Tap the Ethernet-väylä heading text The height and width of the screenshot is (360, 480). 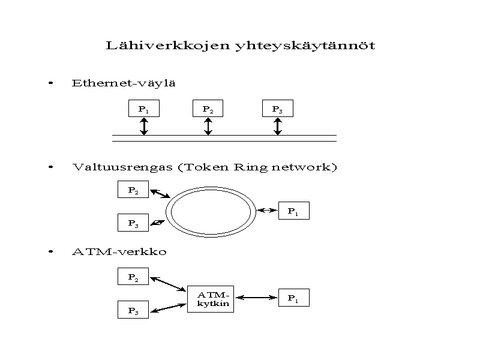tap(123, 83)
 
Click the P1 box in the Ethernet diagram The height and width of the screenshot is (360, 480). tap(144, 109)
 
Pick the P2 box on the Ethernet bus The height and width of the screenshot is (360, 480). tap(208, 109)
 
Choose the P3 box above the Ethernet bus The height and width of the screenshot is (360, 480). tap(277, 109)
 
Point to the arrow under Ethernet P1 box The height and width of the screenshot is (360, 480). tap(144, 126)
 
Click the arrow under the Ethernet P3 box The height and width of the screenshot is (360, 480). tap(277, 126)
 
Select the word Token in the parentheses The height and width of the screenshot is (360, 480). tap(205, 167)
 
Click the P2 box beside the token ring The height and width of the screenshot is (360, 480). tap(133, 190)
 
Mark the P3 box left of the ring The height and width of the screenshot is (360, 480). tap(133, 223)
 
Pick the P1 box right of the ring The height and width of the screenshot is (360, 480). tap(293, 211)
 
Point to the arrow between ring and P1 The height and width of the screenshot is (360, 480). tap(266, 210)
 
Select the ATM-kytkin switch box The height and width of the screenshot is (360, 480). tap(211, 299)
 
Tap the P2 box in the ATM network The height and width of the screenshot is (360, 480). tap(133, 277)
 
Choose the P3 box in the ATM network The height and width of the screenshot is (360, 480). tap(133, 310)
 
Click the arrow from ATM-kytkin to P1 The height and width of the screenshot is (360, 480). tap(256, 296)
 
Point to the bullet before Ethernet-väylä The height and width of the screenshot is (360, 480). tap(52, 83)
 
